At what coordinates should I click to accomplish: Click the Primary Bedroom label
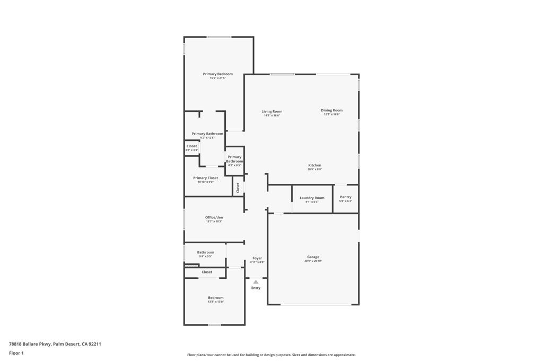217,74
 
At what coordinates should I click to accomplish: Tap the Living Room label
271,112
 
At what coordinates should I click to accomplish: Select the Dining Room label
331,110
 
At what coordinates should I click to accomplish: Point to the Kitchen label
314,165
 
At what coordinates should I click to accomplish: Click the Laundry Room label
312,198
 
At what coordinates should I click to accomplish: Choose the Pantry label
346,197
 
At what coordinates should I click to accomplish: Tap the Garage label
313,257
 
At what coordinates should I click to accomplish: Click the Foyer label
257,258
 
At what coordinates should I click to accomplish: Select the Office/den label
214,217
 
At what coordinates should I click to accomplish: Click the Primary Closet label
205,178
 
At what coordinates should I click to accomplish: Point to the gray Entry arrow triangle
256,282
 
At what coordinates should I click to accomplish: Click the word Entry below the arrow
256,288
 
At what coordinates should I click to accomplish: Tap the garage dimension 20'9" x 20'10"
313,261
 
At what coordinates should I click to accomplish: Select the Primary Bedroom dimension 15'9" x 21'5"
217,78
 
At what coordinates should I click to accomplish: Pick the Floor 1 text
16,353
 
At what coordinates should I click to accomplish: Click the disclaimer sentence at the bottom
271,355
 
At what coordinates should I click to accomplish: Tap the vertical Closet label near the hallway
238,187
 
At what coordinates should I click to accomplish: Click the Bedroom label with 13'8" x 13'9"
215,298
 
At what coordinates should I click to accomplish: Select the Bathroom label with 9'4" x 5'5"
205,252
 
